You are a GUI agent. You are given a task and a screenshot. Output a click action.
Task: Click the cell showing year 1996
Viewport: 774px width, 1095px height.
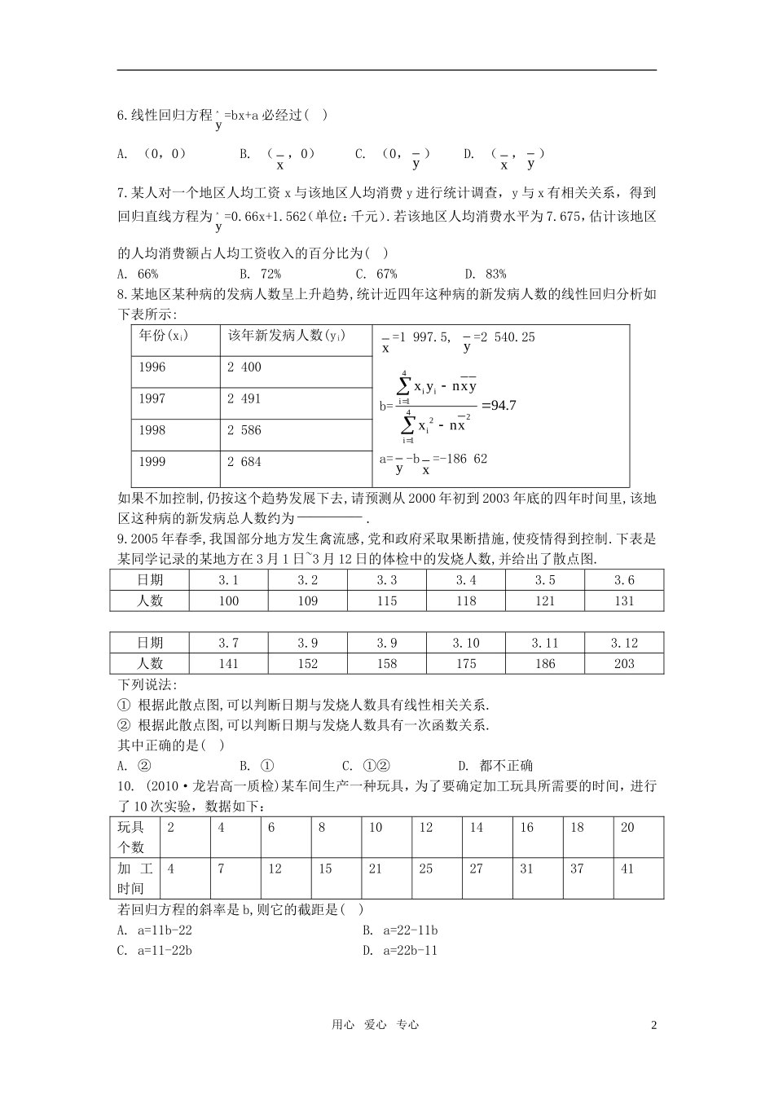point(152,367)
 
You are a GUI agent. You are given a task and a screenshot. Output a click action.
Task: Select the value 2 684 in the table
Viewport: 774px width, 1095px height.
point(244,462)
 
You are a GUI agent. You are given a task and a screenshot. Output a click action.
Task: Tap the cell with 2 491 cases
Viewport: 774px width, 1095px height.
point(244,399)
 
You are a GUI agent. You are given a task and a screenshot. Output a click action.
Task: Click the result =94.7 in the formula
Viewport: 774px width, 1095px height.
point(499,405)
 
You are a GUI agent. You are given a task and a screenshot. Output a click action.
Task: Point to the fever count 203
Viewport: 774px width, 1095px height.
point(624,664)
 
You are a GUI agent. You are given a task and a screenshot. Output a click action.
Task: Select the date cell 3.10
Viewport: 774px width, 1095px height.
point(466,644)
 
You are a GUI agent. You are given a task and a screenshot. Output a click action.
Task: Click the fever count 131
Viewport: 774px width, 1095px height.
point(624,601)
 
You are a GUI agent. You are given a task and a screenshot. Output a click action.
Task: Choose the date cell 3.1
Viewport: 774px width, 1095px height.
point(229,581)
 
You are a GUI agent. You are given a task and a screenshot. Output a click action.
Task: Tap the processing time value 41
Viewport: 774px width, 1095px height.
point(627,869)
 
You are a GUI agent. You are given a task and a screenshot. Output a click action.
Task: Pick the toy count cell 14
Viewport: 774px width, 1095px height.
point(477,828)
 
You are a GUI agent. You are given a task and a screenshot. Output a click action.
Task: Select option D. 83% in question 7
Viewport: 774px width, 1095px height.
point(486,275)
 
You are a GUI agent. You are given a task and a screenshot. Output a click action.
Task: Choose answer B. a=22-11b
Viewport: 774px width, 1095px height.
point(401,930)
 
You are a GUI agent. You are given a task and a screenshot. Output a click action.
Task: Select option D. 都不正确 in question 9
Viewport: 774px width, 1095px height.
point(495,765)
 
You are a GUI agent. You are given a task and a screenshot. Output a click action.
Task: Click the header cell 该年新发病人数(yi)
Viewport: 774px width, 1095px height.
point(285,336)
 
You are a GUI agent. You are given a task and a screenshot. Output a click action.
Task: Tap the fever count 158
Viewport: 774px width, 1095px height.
point(387,664)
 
